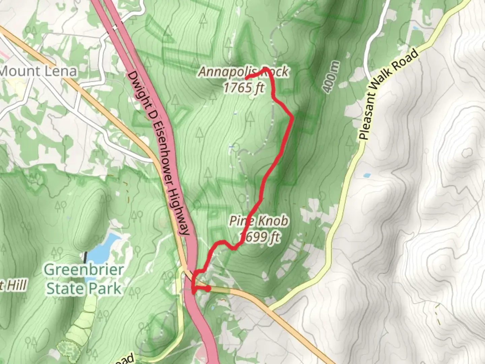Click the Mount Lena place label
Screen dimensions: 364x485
[38, 71]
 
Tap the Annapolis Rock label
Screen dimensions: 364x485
[243, 71]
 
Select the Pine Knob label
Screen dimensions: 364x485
[259, 221]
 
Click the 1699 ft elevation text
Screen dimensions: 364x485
[259, 237]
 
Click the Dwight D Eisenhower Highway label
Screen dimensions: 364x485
[158, 153]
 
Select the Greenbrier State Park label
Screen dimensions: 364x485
[84, 279]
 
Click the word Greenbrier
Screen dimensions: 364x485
[84, 270]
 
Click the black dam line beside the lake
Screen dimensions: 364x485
[86, 257]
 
